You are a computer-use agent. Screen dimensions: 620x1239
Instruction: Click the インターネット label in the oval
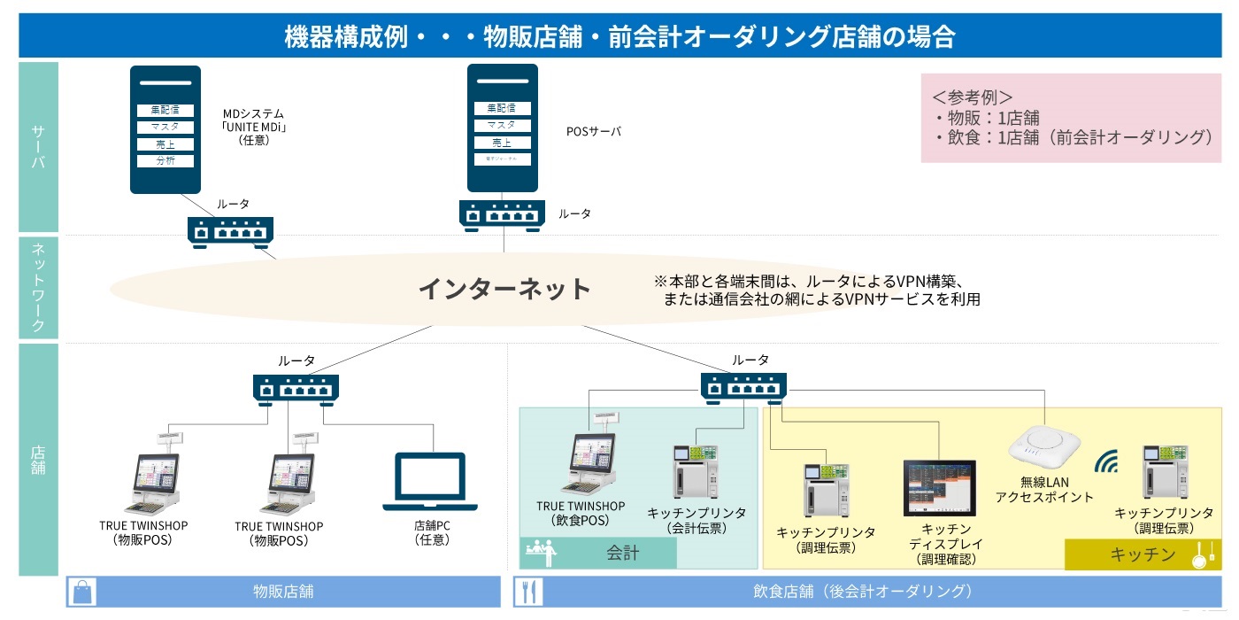pyautogui.click(x=504, y=289)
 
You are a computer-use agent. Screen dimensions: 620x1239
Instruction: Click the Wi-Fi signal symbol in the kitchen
pyautogui.click(x=1107, y=461)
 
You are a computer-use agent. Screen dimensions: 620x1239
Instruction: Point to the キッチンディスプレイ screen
pyautogui.click(x=939, y=488)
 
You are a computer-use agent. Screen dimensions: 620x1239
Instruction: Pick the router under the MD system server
pyautogui.click(x=230, y=231)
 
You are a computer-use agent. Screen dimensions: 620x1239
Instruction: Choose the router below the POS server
pyautogui.click(x=502, y=213)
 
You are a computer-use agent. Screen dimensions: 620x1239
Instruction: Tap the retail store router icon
pyautogui.click(x=296, y=388)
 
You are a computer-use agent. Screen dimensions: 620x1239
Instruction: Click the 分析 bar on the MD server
pyautogui.click(x=165, y=160)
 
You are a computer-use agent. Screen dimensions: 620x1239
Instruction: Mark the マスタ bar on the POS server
pyautogui.click(x=502, y=126)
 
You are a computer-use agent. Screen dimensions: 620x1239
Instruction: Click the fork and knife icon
pyautogui.click(x=528, y=592)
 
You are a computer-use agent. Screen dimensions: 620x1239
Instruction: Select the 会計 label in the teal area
pyautogui.click(x=622, y=554)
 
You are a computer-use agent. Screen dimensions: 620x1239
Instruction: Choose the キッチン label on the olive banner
pyautogui.click(x=1143, y=554)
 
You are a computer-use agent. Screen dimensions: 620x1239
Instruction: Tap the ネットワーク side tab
pyautogui.click(x=38, y=289)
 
